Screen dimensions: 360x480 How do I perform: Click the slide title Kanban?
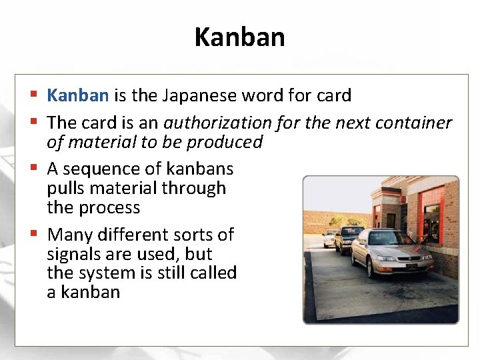tap(239, 37)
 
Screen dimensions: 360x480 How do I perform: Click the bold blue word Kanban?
tap(77, 95)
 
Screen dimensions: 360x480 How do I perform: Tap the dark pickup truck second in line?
tap(349, 239)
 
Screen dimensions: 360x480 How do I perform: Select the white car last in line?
tap(329, 238)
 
